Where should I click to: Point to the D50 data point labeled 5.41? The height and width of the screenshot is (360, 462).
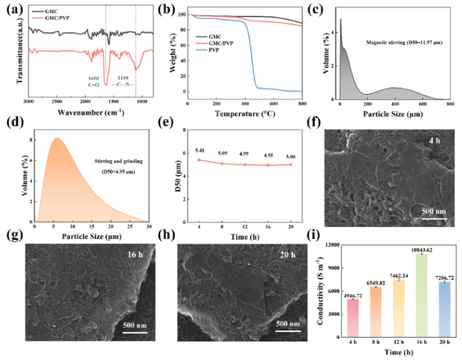(199, 160)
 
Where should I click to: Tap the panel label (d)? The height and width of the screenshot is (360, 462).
(12, 125)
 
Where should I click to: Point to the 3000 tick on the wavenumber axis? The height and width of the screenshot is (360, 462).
(28, 101)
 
